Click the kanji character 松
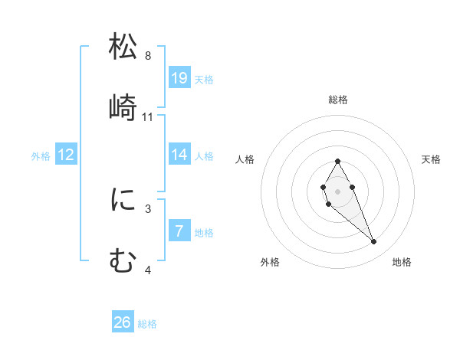pos(123,47)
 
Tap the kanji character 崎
pos(123,107)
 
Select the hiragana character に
pos(123,201)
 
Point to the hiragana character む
pos(123,261)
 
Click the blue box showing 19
pos(179,78)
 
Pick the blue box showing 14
pos(179,155)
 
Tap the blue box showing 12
pos(66,155)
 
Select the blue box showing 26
pos(123,322)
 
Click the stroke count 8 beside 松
pos(148,56)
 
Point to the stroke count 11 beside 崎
pos(148,116)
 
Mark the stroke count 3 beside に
pos(148,208)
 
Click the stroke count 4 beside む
pos(148,270)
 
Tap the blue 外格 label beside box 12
pos(41,156)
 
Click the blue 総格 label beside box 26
pos(147,324)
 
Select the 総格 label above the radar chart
pos(337,100)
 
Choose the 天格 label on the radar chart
pos(431,159)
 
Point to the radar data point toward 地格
pos(374,242)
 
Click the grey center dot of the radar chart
pos(337,190)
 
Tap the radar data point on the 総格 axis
pos(337,161)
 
